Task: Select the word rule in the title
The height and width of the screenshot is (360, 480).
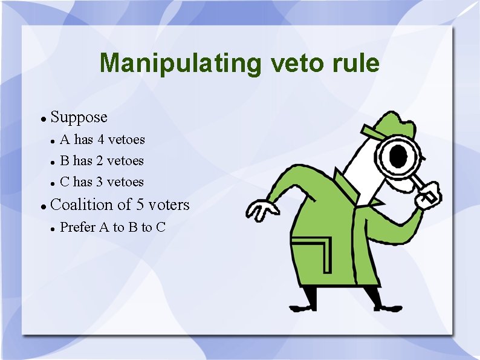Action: pyautogui.click(x=357, y=63)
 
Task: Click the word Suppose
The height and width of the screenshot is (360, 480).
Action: pyautogui.click(x=79, y=117)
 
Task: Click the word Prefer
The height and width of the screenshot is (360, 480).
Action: pyautogui.click(x=78, y=227)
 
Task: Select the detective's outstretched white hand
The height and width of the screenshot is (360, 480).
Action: pyautogui.click(x=261, y=211)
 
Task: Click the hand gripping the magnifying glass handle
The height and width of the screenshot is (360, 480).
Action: pyautogui.click(x=430, y=196)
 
